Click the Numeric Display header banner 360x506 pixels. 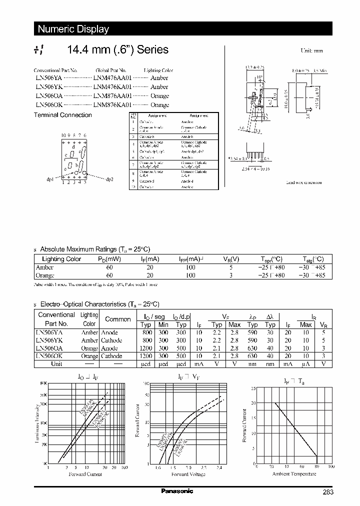pyautogui.click(x=73, y=29)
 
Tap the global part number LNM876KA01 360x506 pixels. pyautogui.click(x=112, y=105)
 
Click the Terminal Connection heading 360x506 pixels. pyautogui.click(x=62, y=115)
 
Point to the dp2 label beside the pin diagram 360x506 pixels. pyautogui.click(x=109, y=179)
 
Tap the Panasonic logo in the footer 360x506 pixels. pyautogui.click(x=177, y=491)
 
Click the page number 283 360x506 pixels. pyautogui.click(x=327, y=492)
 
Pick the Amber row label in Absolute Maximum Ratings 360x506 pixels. pyautogui.click(x=44, y=267)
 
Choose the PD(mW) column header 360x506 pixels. pyautogui.click(x=109, y=259)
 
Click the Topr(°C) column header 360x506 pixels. pyautogui.click(x=271, y=259)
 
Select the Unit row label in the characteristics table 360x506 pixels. pyautogui.click(x=56, y=364)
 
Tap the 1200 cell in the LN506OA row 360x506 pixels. pyautogui.click(x=146, y=348)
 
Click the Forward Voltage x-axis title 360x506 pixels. pyautogui.click(x=188, y=474)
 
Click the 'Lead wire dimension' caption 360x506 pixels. pyautogui.click(x=304, y=182)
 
